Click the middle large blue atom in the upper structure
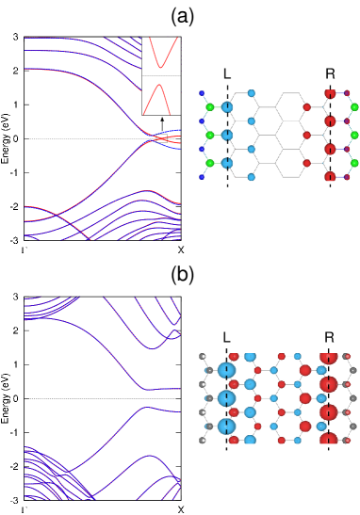point(227,135)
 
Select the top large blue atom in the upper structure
point(227,107)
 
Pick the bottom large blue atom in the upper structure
point(227,163)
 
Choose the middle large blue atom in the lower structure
point(227,398)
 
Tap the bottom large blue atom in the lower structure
point(227,426)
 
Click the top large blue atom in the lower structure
point(227,370)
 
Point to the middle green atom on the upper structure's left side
point(210,135)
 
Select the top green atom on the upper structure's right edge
point(354,107)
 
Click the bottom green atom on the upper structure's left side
point(210,163)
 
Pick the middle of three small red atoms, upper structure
point(306,135)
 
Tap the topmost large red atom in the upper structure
point(330,93)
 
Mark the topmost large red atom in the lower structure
point(328,357)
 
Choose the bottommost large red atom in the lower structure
point(328,440)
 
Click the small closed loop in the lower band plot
point(174,335)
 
